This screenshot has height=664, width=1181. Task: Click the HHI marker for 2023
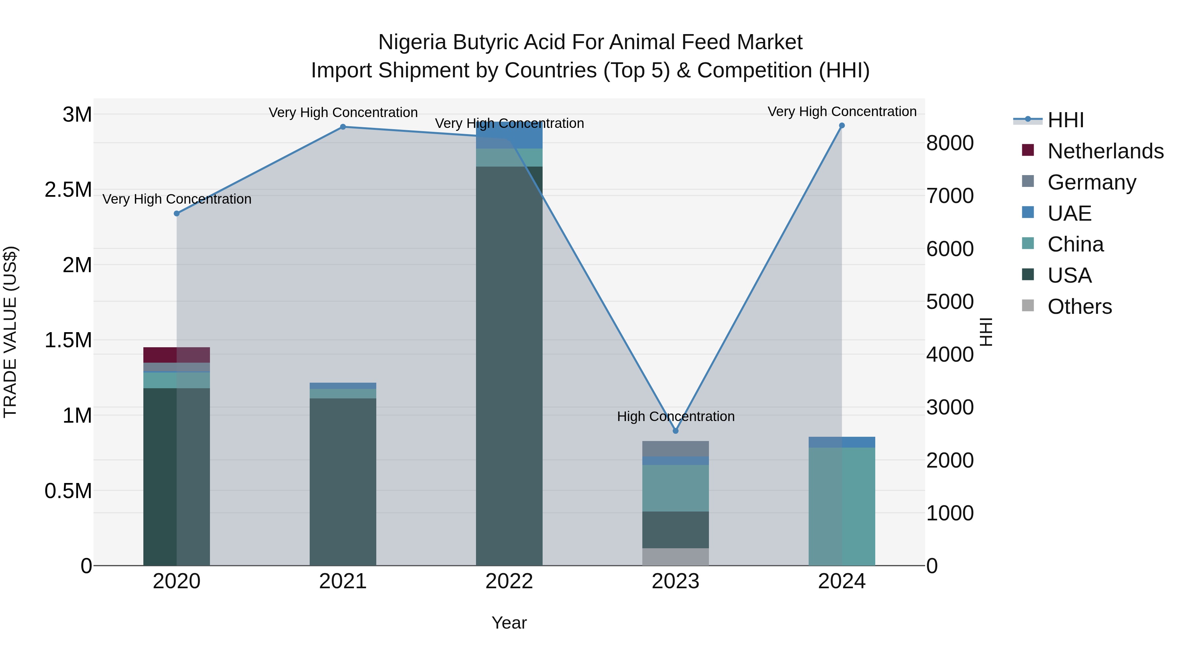point(675,431)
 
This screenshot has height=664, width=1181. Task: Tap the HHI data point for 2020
point(176,213)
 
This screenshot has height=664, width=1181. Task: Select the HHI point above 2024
point(842,126)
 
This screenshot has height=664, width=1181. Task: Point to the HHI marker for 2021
point(343,127)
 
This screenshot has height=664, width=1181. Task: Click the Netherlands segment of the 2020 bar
point(176,355)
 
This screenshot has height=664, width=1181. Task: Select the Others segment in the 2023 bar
point(675,557)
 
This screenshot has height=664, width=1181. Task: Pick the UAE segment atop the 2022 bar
point(509,135)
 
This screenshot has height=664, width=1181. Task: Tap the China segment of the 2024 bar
point(842,506)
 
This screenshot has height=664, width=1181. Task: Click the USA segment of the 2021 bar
point(343,481)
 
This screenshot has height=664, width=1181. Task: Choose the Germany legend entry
point(1091,182)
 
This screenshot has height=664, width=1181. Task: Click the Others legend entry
point(1079,307)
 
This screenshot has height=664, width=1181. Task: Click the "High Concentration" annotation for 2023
point(675,416)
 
